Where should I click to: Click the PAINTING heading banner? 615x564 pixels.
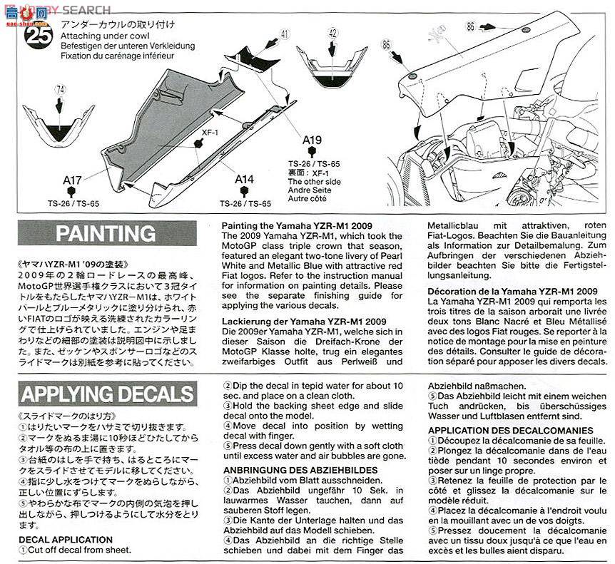tap(105, 233)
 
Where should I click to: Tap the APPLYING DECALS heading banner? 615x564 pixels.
tap(106, 394)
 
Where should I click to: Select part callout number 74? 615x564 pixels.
tap(61, 90)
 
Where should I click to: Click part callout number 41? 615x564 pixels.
tap(285, 34)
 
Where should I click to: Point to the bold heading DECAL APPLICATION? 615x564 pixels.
tap(66, 540)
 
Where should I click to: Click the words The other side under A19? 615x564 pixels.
tap(313, 182)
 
